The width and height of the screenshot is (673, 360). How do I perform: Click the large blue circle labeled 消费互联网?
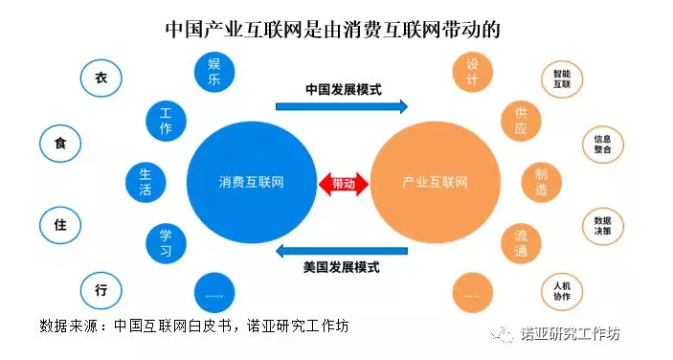tap(252, 182)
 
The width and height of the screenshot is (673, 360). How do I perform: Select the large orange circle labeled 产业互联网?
tap(436, 182)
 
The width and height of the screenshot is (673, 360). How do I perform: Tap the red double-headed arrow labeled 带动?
tap(344, 184)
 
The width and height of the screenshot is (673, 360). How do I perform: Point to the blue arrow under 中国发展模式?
tap(342, 106)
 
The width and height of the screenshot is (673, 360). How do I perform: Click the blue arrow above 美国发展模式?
tap(342, 251)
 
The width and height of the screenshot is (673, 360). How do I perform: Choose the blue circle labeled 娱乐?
tap(214, 72)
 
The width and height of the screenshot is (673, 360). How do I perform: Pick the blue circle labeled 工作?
tap(167, 121)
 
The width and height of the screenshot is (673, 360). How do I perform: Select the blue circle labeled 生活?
tap(146, 182)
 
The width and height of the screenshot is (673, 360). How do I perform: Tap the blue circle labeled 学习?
tap(167, 243)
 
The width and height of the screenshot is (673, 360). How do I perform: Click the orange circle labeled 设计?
tap(473, 72)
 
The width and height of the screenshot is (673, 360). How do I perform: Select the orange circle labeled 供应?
tap(521, 121)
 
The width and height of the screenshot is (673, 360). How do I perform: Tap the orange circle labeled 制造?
tap(542, 182)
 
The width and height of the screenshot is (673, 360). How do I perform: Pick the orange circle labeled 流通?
tap(521, 243)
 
